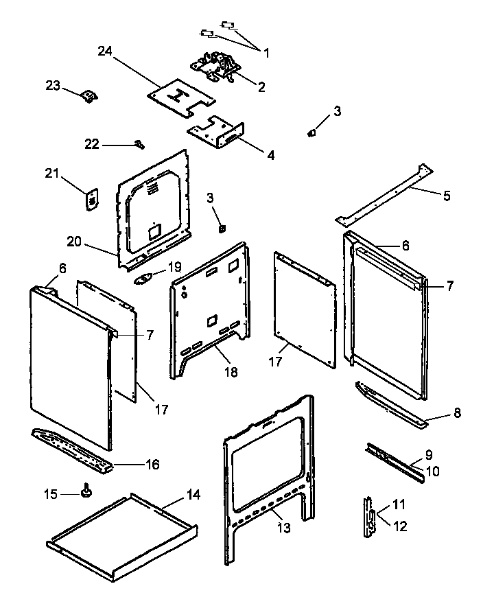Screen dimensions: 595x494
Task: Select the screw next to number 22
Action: pyautogui.click(x=139, y=143)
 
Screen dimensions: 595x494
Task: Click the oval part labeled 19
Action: pyautogui.click(x=145, y=278)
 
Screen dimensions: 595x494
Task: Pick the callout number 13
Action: pyautogui.click(x=283, y=528)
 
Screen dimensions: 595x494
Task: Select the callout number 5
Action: pyautogui.click(x=446, y=196)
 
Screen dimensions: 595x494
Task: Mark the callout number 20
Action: pyautogui.click(x=75, y=241)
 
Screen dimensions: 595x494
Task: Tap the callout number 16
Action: pyautogui.click(x=152, y=465)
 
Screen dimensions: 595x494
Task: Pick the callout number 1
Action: pyautogui.click(x=266, y=52)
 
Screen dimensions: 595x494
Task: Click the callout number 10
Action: pyautogui.click(x=433, y=471)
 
